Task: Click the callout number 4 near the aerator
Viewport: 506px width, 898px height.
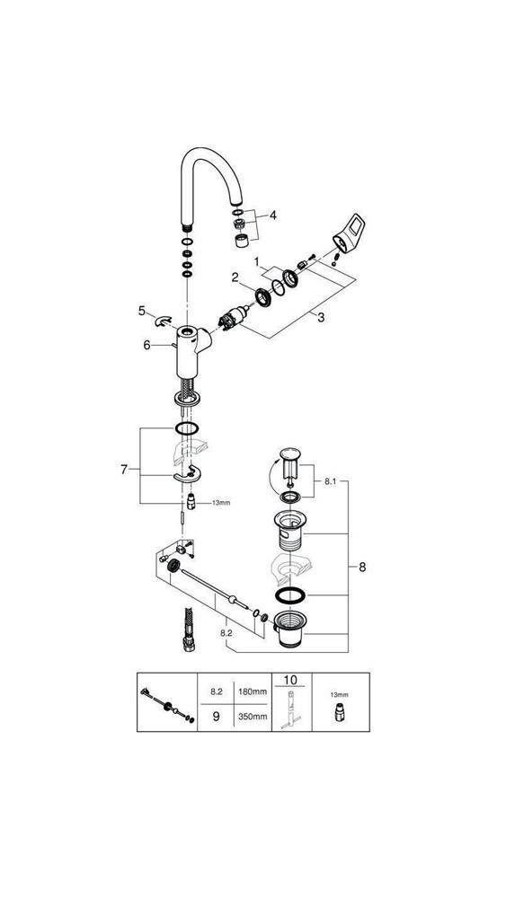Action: pos(272,216)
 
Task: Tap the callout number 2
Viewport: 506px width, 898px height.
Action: pos(235,277)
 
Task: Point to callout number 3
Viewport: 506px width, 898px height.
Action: pos(321,317)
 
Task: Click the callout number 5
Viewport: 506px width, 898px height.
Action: pos(141,311)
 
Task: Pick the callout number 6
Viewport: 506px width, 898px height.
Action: pos(146,345)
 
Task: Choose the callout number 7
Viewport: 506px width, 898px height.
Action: pos(124,469)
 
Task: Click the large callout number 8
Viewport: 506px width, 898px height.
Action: pos(362,567)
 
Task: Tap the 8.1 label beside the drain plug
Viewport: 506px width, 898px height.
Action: pos(330,482)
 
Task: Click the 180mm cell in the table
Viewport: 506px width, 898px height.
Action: pos(253,691)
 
